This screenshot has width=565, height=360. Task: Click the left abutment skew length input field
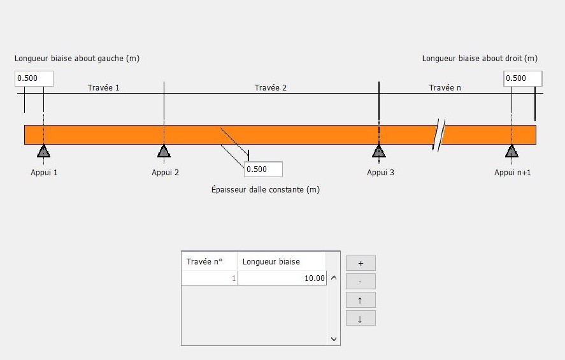[x=34, y=78]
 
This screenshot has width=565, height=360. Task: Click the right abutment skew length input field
[x=523, y=78]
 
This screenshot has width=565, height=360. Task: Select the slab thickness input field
[x=263, y=169]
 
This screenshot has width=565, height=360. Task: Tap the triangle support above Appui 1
[x=43, y=151]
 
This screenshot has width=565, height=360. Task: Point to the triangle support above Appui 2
[x=164, y=151]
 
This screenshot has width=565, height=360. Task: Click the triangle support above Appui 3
[x=379, y=151]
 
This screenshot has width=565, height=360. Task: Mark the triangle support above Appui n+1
[x=511, y=151]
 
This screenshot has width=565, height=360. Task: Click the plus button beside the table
[x=361, y=263]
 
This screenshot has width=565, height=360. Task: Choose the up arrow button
[x=361, y=300]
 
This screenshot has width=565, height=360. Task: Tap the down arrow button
[x=361, y=319]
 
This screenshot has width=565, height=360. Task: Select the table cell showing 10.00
[x=282, y=278]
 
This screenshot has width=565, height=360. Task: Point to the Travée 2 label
[x=271, y=87]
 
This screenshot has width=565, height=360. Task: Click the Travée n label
[x=445, y=87]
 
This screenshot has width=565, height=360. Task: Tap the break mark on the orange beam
[x=439, y=135]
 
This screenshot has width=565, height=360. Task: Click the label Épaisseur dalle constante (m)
[x=266, y=189]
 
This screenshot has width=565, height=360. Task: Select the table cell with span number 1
[x=210, y=278]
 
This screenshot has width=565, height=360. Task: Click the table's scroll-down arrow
[x=334, y=339]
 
